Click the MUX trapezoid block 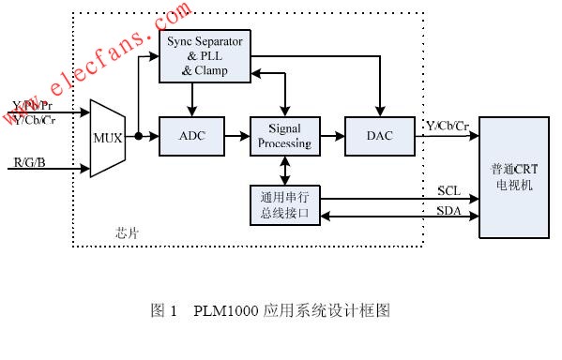[x=106, y=138]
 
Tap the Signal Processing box [x=283, y=137]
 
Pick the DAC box [x=379, y=137]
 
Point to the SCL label [x=448, y=190]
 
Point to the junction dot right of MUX [x=138, y=137]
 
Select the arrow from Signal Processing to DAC [x=331, y=137]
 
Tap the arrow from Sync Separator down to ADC [x=192, y=99]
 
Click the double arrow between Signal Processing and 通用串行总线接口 [x=283, y=171]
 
